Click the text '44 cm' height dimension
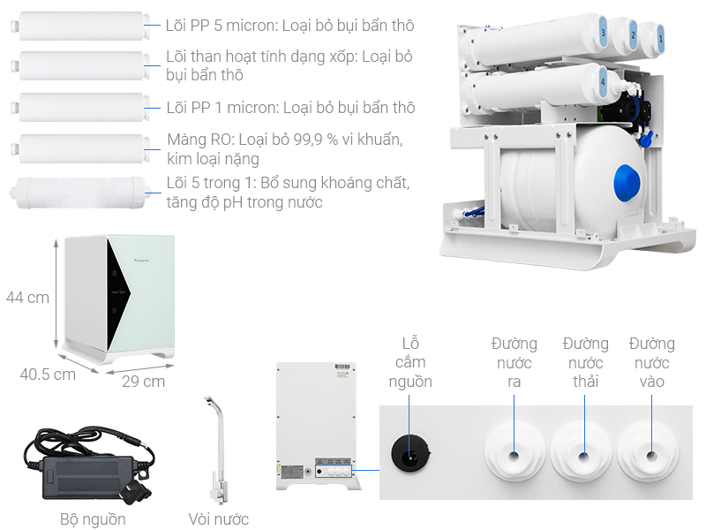click(27, 298)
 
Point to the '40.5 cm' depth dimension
click(48, 374)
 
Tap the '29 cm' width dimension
click(143, 382)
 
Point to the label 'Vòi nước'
click(219, 519)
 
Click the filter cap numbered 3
click(603, 33)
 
